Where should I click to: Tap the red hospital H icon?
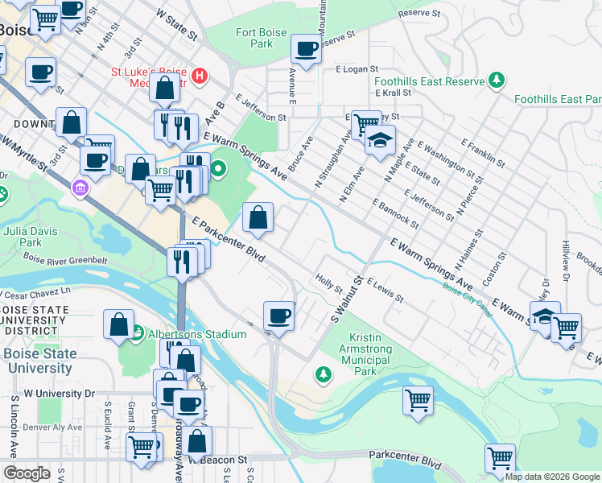(200, 77)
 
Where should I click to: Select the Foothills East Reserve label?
(428, 81)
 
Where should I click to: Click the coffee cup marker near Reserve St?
(306, 50)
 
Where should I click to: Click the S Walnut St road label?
(345, 299)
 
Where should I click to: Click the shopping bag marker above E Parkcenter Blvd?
(258, 218)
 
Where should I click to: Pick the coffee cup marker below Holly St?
(279, 316)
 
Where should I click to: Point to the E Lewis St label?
(386, 291)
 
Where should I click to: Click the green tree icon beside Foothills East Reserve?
(497, 80)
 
